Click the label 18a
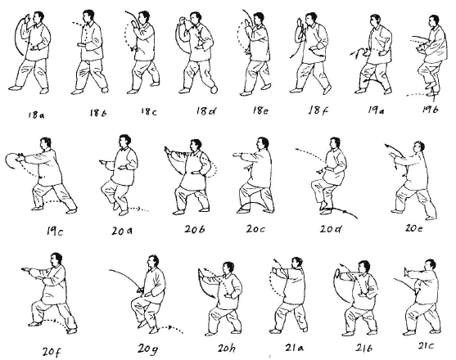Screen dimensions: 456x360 tap(37, 115)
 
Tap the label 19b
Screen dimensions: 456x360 tap(431, 110)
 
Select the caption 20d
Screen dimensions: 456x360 tap(331, 229)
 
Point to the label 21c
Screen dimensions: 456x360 tap(427, 346)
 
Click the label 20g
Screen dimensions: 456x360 tap(148, 349)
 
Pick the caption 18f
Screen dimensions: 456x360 tap(318, 110)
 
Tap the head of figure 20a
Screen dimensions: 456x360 tap(124, 142)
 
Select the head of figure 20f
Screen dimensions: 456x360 tap(56, 259)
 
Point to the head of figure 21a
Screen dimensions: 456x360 tap(297, 263)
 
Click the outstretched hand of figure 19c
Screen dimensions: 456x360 tap(20, 158)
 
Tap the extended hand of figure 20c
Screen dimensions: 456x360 tap(238, 155)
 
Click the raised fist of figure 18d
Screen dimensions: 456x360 tap(183, 21)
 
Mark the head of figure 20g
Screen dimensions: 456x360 tap(152, 262)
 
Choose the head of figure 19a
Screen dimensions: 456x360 tap(375, 20)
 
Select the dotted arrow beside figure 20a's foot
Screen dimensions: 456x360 tap(138, 209)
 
